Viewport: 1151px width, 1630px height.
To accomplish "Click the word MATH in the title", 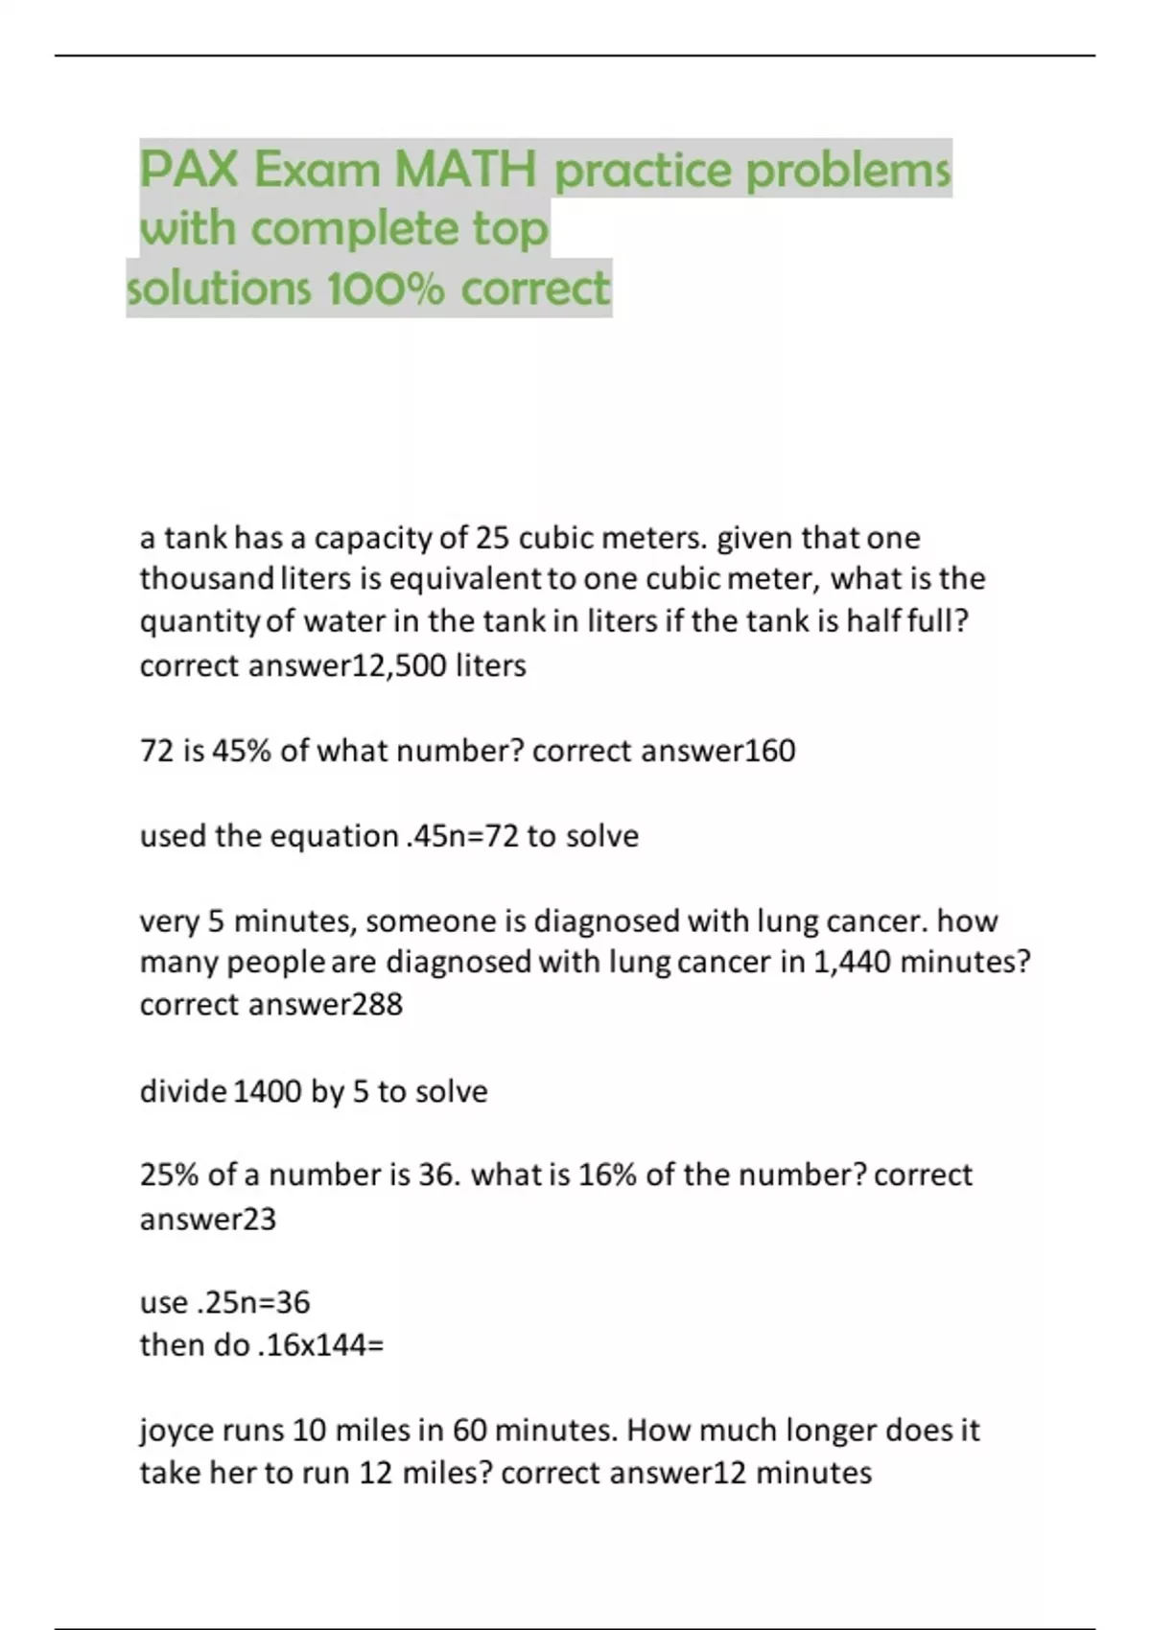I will click(x=465, y=171).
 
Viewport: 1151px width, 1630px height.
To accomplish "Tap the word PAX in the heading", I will click(x=189, y=171).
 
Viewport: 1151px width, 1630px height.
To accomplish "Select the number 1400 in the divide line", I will click(x=268, y=1091).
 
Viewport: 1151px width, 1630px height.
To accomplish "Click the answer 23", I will click(x=259, y=1220).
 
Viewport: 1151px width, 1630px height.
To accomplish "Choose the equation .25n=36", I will click(x=253, y=1302).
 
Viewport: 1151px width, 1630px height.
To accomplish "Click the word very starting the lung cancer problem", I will click(x=169, y=921).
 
